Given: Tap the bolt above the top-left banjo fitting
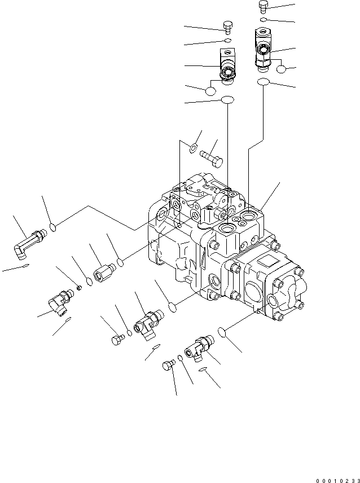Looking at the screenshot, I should (x=227, y=26).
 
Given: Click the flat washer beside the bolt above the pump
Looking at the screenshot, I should (x=192, y=148).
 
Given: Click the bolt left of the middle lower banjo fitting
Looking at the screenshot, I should (x=116, y=339).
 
